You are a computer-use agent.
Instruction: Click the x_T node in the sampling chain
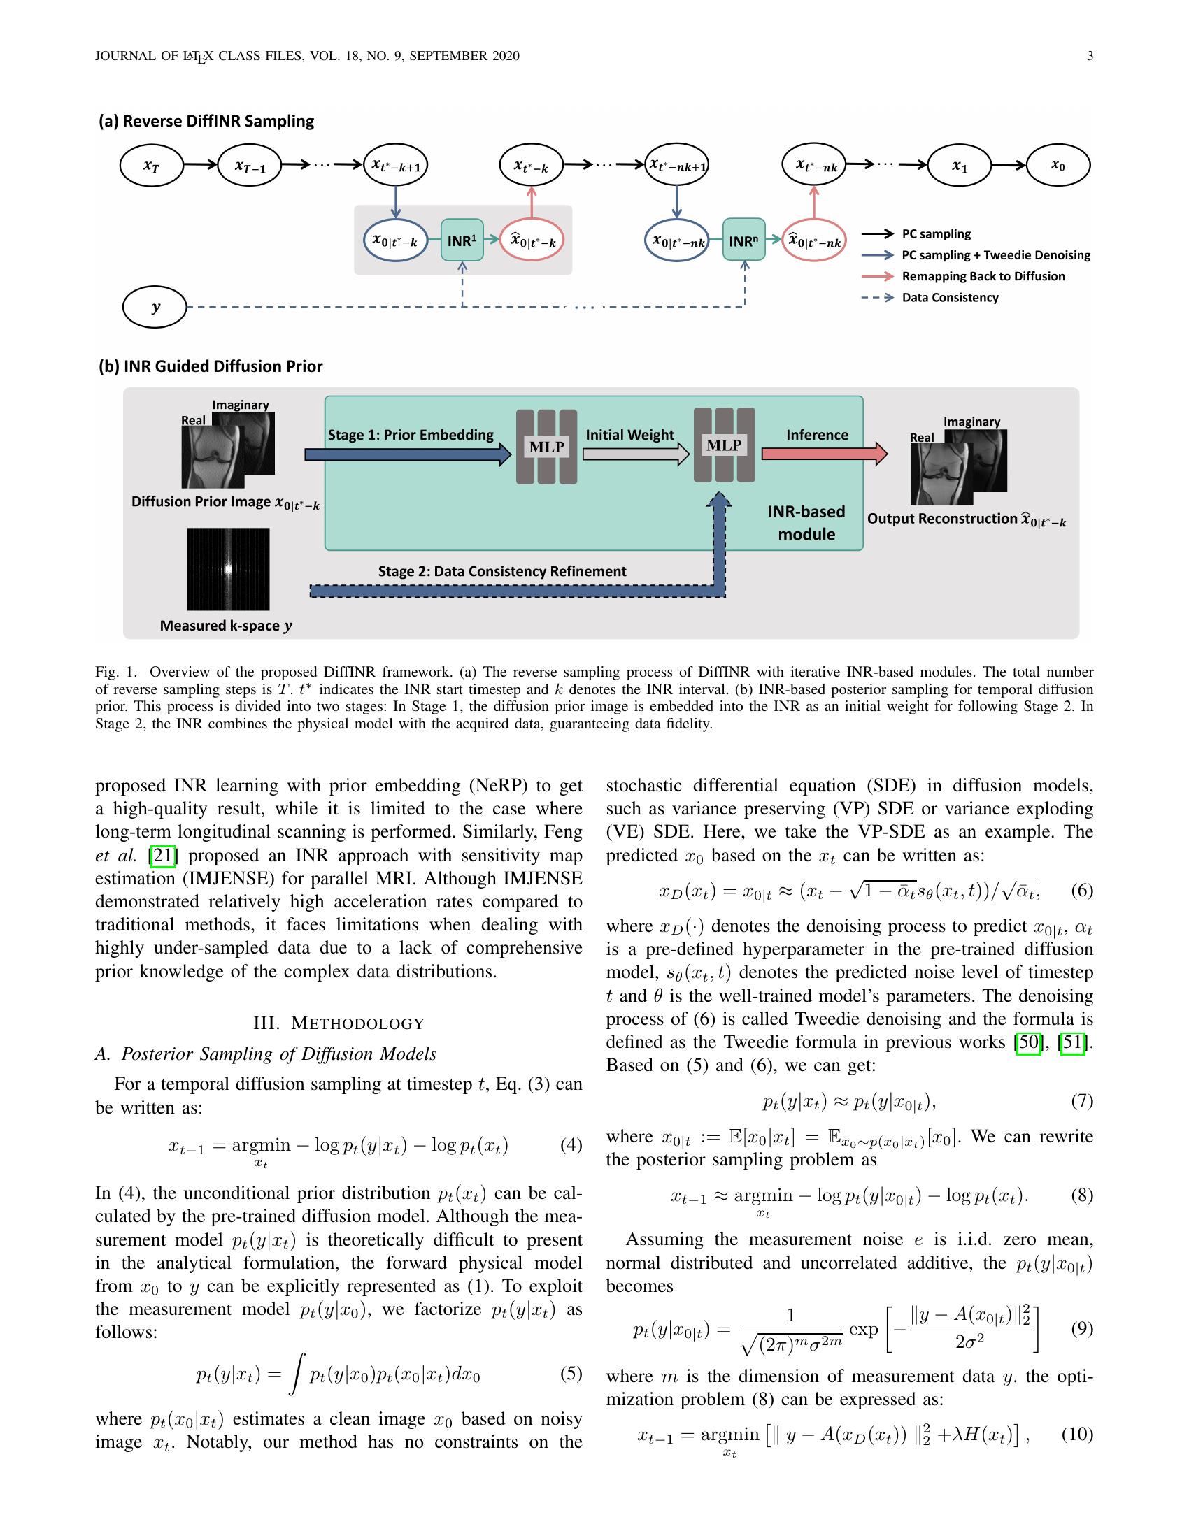152,166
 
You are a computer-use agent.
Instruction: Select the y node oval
155,307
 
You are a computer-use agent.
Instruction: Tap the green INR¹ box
462,240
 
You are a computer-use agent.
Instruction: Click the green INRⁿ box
744,240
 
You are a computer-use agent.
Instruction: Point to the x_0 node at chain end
1058,166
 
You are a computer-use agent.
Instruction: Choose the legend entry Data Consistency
950,297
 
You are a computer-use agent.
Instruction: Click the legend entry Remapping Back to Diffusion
983,276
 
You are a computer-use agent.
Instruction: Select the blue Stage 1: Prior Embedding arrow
407,455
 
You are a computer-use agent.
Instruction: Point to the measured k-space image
228,569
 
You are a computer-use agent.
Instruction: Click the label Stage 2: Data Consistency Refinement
501,571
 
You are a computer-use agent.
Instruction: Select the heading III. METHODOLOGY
339,1023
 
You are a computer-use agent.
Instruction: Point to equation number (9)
1082,1328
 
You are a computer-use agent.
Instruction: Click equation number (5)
571,1373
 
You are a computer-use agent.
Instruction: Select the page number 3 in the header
1090,57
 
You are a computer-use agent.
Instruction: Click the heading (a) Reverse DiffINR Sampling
206,121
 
